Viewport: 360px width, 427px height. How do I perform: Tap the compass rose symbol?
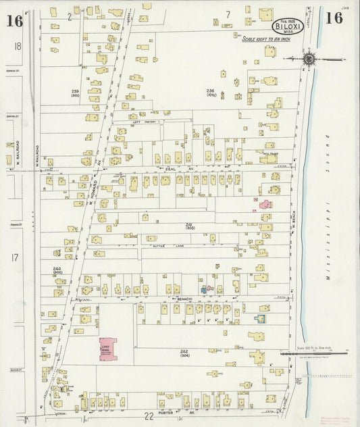[x=309, y=59]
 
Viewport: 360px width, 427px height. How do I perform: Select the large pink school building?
[x=107, y=349]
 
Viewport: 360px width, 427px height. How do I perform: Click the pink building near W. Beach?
[x=265, y=203]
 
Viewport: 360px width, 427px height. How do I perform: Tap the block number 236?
[x=210, y=92]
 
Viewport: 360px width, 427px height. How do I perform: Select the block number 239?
[x=94, y=91]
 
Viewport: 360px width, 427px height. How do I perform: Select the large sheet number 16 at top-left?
[x=14, y=20]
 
